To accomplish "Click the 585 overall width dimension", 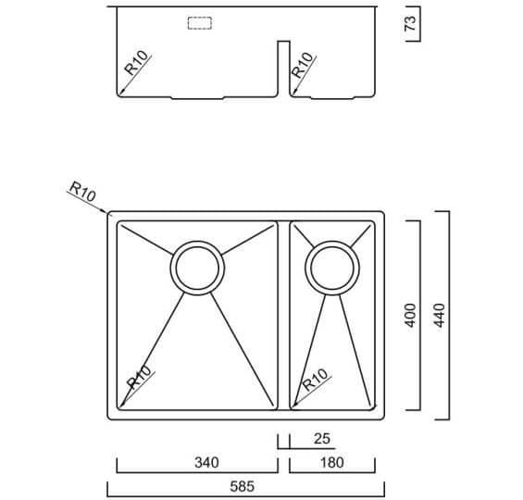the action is point(243,486).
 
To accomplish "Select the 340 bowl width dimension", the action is point(206,463).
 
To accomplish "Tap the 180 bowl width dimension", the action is point(332,463).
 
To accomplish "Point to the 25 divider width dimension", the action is point(322,439).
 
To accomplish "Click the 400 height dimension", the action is point(410,315).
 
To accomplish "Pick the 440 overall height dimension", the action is point(439,315).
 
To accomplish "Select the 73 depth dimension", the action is point(410,23).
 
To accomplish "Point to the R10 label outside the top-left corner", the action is point(82,191).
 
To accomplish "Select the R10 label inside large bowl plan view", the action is point(140,377).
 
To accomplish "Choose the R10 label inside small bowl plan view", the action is point(316,380).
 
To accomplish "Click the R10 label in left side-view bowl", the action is point(136,62).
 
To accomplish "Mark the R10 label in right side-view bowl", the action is point(302,65).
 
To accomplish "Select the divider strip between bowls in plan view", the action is point(283,315).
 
